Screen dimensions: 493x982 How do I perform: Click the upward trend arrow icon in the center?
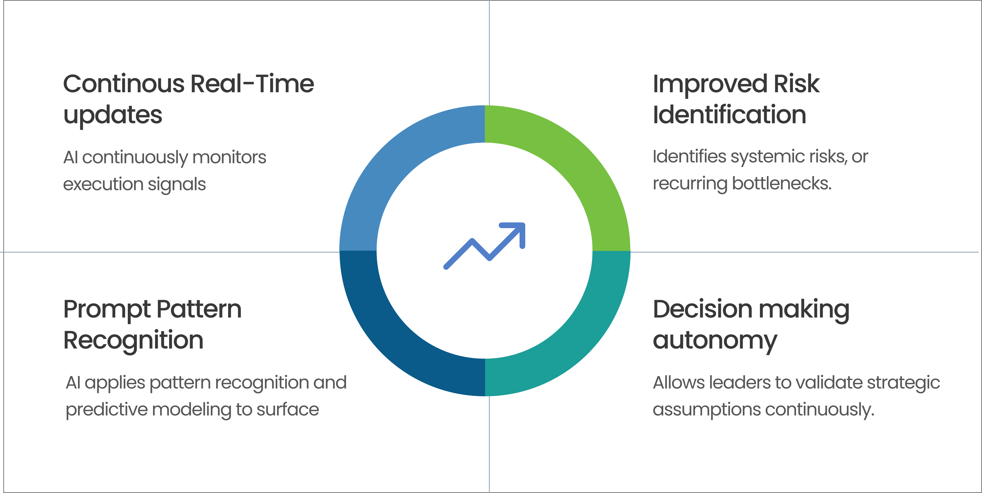coord(484,246)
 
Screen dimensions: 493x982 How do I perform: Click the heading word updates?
coord(113,115)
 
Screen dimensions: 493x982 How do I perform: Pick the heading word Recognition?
coord(133,340)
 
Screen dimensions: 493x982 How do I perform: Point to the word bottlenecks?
coord(781,184)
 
